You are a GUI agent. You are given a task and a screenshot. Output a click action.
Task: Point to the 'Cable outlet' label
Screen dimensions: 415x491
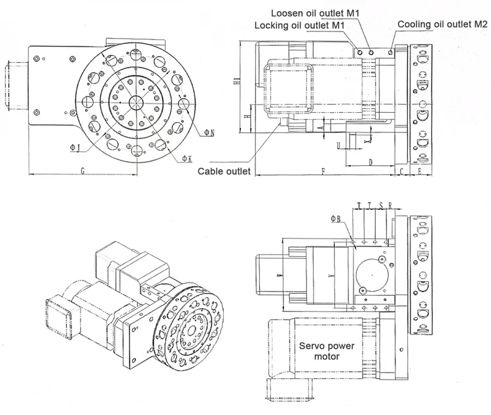[x=225, y=172]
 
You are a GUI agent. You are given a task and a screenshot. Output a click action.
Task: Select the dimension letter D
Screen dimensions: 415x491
[x=370, y=161]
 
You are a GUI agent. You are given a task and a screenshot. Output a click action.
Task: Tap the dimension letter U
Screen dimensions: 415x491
[x=338, y=145]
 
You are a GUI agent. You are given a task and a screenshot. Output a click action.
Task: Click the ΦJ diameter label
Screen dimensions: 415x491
[x=75, y=148]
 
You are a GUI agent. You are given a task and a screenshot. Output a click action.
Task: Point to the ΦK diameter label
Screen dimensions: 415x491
[x=187, y=158]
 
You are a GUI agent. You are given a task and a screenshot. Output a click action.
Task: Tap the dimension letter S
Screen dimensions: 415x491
[x=381, y=206]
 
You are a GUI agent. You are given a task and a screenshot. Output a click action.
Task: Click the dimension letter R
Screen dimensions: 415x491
[x=390, y=206]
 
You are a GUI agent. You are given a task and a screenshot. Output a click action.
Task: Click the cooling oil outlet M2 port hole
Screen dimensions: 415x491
[x=391, y=50]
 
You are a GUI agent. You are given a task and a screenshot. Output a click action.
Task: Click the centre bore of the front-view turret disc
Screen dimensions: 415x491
[x=137, y=102]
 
